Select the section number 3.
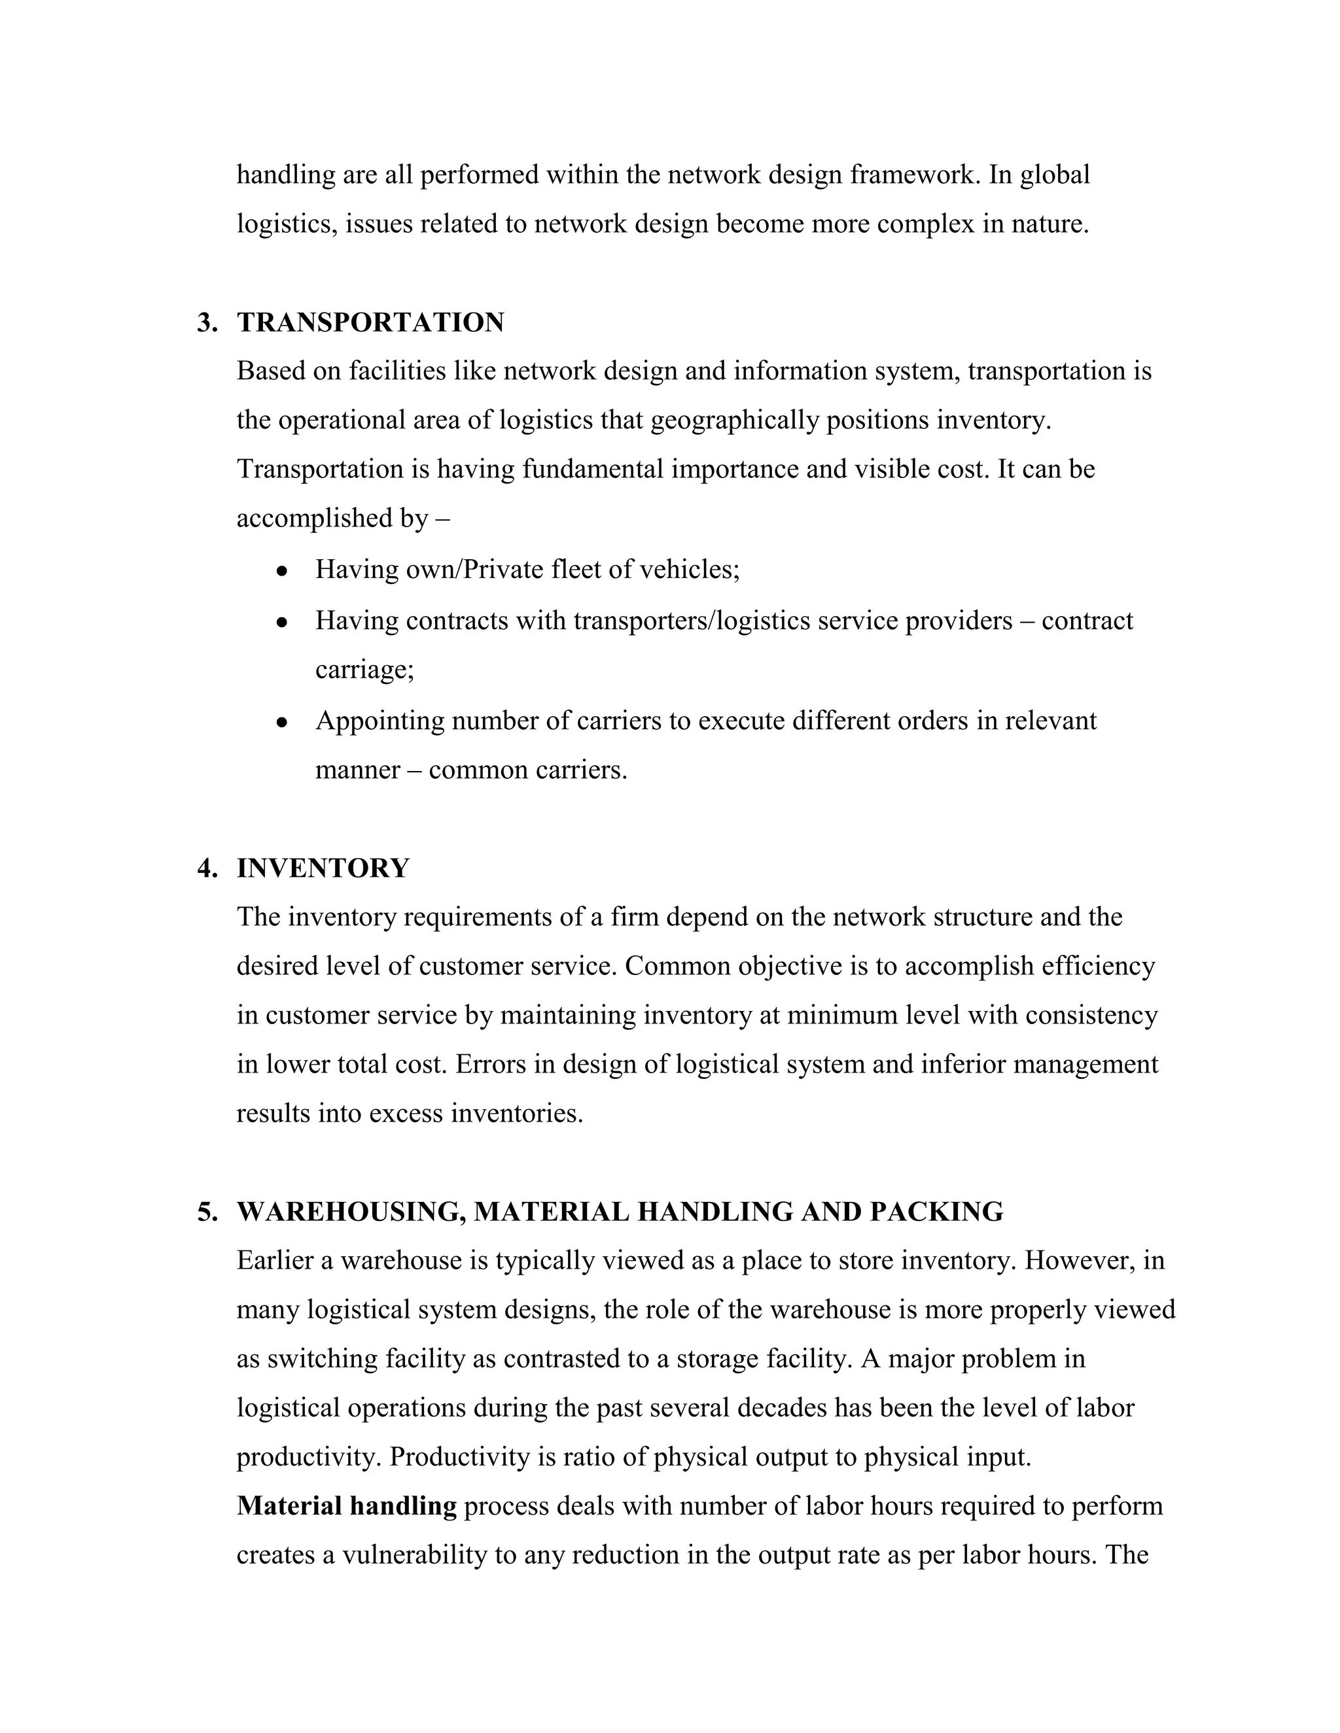[205, 323]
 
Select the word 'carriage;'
[364, 670]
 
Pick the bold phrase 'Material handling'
[346, 1506]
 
